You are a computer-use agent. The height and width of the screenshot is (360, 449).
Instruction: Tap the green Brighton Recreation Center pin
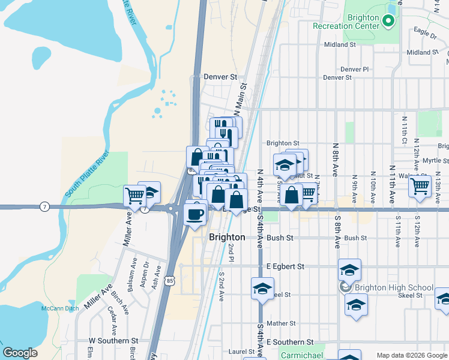coord(388,22)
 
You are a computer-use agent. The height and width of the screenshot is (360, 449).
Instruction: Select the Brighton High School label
coord(393,287)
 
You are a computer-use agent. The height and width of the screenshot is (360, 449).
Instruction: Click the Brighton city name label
coord(227,237)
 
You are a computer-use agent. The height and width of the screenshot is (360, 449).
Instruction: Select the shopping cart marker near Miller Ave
coord(135,195)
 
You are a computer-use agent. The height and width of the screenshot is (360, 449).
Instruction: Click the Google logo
coord(20,353)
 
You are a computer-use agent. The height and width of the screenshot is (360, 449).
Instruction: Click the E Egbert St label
coord(285,266)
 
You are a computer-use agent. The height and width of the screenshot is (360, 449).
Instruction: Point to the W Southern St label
coord(109,341)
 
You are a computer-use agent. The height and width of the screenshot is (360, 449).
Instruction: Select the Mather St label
coord(281,323)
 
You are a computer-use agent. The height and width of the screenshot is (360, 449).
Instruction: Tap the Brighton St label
coord(283,143)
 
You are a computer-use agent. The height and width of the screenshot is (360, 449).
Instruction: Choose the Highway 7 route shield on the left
coord(44,207)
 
